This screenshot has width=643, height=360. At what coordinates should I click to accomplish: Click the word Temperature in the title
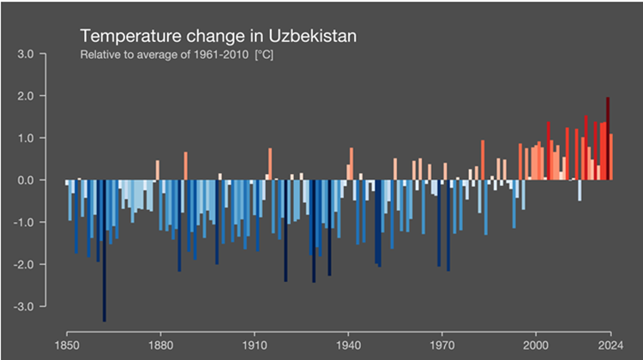point(135,37)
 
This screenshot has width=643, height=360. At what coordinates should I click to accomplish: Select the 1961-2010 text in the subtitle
point(215,56)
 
